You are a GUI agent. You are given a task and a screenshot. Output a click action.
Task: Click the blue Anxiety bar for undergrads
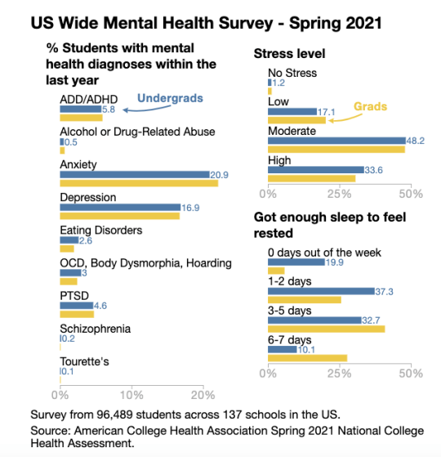(135, 175)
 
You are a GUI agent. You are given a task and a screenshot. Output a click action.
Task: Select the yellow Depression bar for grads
(119, 216)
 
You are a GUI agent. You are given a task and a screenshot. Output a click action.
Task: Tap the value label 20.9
(219, 175)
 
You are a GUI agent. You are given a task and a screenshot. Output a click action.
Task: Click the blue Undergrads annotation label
(170, 98)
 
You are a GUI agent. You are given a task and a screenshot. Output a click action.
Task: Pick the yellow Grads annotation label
(370, 106)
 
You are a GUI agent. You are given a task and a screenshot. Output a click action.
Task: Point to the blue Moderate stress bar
(336, 141)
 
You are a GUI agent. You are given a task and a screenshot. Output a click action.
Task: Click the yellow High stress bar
(311, 178)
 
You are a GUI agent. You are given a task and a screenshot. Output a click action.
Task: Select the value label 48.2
(416, 141)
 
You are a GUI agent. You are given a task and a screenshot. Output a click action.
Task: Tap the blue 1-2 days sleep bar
(321, 291)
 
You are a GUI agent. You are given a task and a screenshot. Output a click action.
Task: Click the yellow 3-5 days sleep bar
(327, 329)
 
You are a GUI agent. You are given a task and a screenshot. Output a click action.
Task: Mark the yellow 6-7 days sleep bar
(307, 358)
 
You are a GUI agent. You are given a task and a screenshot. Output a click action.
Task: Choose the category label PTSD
(74, 296)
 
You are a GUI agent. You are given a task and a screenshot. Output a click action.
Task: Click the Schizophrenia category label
(96, 329)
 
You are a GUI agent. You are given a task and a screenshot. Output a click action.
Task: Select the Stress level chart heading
(289, 54)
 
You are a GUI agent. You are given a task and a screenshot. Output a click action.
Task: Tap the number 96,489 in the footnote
(114, 414)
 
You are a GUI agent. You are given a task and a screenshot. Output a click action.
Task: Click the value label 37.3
(384, 292)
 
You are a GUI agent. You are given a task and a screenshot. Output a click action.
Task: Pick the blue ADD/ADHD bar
(81, 110)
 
